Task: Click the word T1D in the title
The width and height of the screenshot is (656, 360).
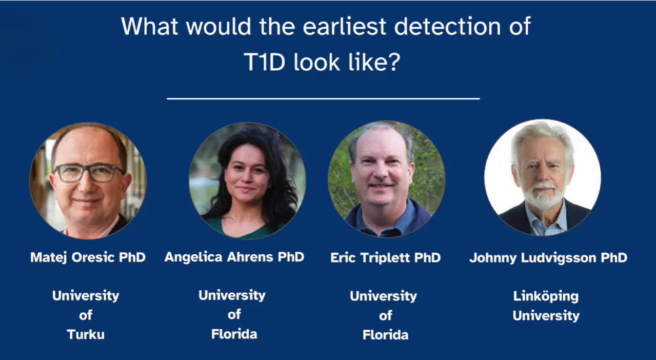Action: [265, 62]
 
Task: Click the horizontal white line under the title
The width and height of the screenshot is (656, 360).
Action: [323, 98]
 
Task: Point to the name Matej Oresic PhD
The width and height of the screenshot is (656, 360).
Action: [88, 257]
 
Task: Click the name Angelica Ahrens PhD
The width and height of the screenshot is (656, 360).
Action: [234, 256]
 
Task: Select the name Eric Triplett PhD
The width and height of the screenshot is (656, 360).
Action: [385, 257]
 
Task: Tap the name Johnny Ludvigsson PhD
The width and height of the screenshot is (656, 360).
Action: [548, 257]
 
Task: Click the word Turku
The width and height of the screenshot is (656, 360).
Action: [86, 335]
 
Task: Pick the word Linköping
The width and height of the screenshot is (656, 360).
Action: [546, 296]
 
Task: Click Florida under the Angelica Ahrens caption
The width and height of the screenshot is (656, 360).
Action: [234, 334]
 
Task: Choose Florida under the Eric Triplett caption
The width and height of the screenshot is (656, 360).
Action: [385, 335]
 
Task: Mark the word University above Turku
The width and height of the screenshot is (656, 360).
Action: [86, 296]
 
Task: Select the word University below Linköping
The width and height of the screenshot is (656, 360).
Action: [546, 315]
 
